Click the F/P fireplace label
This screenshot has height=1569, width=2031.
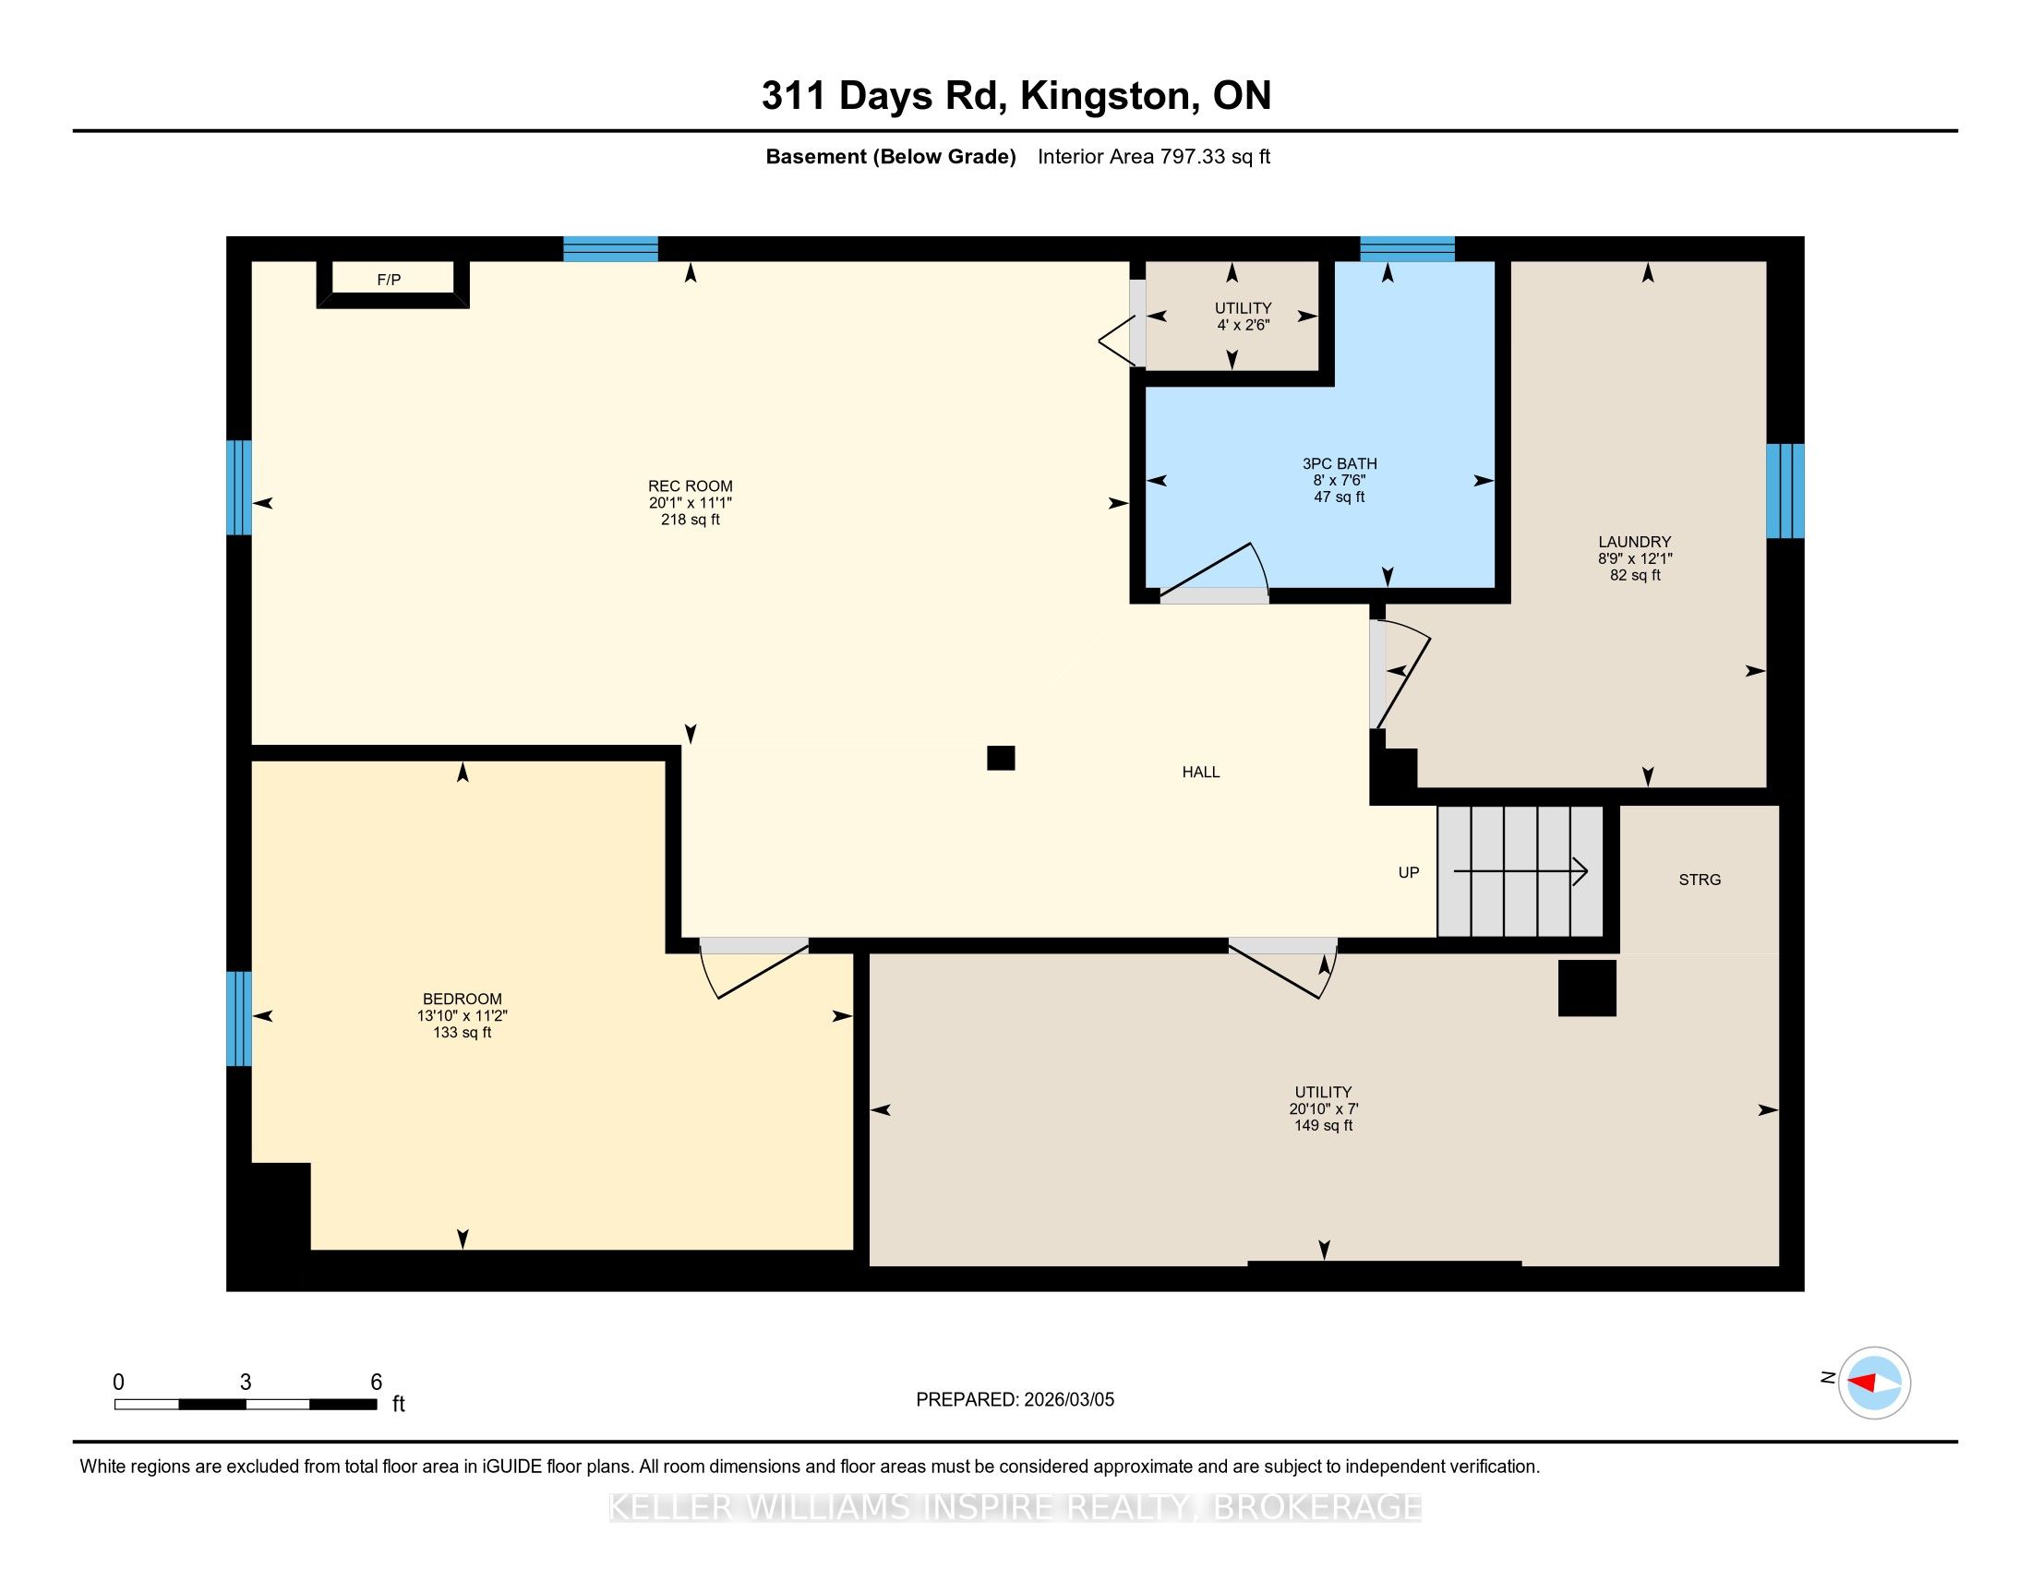[389, 280]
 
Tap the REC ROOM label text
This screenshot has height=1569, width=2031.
[690, 486]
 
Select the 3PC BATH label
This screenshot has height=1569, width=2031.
[1340, 464]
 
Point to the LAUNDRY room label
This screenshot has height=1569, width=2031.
[1635, 542]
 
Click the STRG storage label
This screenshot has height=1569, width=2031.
[1700, 880]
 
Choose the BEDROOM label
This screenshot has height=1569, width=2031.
[463, 1000]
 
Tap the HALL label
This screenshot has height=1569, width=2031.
[1200, 773]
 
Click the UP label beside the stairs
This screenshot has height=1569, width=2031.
[1409, 873]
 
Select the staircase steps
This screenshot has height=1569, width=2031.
[1520, 872]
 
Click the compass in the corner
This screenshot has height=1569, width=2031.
[1874, 1383]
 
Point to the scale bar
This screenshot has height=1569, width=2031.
[246, 1405]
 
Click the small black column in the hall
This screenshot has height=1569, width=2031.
[1001, 759]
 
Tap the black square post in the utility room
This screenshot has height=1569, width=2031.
[1588, 988]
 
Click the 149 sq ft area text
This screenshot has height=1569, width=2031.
[1323, 1126]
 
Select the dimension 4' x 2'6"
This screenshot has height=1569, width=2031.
[1244, 325]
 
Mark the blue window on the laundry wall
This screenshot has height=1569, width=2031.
[1785, 491]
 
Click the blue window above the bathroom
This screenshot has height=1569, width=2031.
[1408, 249]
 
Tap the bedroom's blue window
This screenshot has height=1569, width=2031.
[239, 1019]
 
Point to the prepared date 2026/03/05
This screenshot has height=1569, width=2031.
[1068, 1400]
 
